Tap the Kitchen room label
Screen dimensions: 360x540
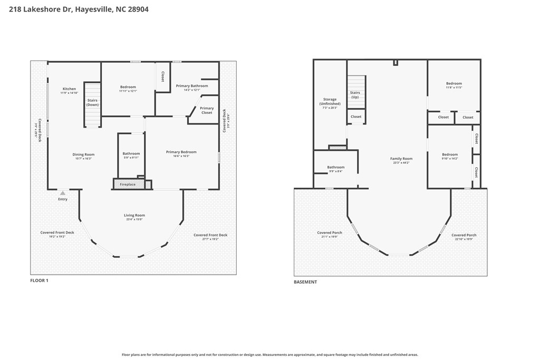click(69, 89)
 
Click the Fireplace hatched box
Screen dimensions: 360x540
click(128, 184)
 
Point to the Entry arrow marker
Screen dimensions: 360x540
click(62, 193)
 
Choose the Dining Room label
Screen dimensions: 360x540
click(83, 154)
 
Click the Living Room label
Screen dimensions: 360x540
click(134, 215)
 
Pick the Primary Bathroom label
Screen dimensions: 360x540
click(192, 86)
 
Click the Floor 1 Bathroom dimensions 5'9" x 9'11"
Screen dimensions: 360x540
click(131, 158)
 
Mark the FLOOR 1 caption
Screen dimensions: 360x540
click(39, 281)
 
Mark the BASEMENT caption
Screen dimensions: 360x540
click(305, 282)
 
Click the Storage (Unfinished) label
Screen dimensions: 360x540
click(330, 102)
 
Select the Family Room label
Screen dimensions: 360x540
click(401, 159)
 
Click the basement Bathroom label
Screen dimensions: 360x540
click(335, 167)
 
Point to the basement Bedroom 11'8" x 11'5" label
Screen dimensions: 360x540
click(454, 83)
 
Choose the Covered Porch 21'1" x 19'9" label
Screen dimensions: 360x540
click(330, 233)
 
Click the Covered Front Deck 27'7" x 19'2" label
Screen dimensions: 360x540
click(210, 235)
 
